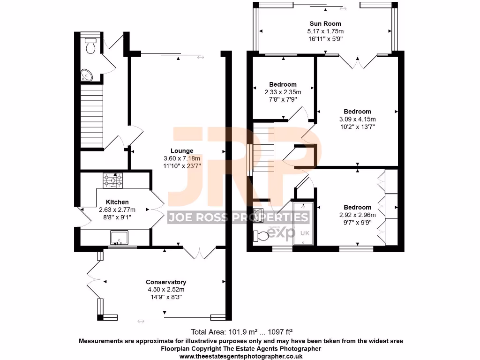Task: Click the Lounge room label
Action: point(182,150)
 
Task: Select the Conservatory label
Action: point(166,282)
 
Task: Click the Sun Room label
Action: point(325,23)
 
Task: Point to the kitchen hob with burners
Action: point(113,180)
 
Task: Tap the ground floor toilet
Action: point(90,46)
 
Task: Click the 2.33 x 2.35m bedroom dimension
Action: point(283,92)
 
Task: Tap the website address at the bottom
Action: point(241,356)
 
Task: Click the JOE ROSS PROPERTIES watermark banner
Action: point(239,217)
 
